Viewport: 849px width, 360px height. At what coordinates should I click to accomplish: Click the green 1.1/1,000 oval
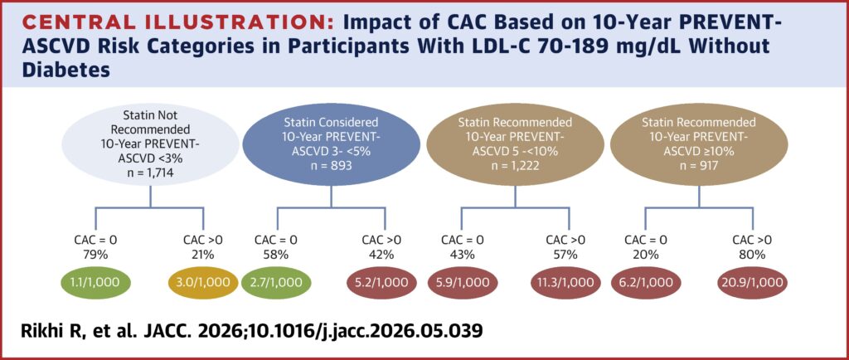95,283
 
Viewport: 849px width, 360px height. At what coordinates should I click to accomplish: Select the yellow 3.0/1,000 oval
203,283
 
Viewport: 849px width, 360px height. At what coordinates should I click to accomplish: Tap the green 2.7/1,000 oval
277,283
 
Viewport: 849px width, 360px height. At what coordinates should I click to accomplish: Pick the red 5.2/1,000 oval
384,283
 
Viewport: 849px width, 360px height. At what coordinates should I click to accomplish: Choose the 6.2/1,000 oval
644,283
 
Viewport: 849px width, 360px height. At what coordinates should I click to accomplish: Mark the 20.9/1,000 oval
751,283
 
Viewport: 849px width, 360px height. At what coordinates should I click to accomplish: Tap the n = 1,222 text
515,166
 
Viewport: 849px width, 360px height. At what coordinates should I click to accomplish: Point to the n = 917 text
698,166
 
